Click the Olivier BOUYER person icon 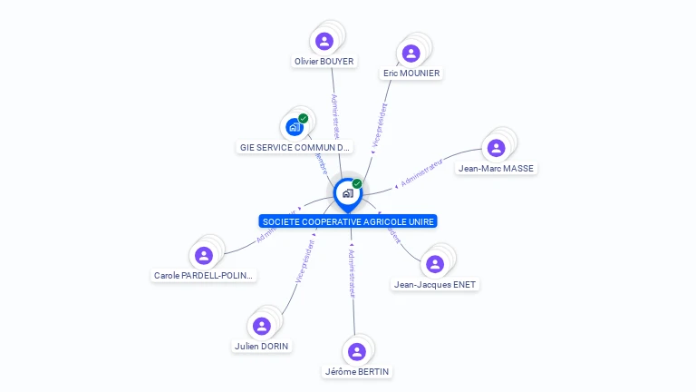[324, 41]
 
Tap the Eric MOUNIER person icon [411, 53]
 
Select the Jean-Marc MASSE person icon [495, 148]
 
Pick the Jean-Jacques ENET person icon [434, 264]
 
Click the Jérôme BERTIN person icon [357, 351]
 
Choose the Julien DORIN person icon [262, 326]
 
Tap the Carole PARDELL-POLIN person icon [204, 255]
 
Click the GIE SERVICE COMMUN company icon [294, 127]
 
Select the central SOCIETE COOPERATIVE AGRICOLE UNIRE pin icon [348, 193]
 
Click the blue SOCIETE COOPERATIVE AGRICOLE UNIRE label [348, 221]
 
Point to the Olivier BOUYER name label [324, 62]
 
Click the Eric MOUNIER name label [411, 73]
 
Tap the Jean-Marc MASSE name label [496, 169]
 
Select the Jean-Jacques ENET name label [435, 285]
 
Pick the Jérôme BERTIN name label [358, 372]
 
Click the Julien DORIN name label [263, 347]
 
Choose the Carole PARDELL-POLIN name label [204, 276]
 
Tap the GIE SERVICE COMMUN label [294, 147]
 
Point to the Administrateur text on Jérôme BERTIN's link [352, 272]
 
